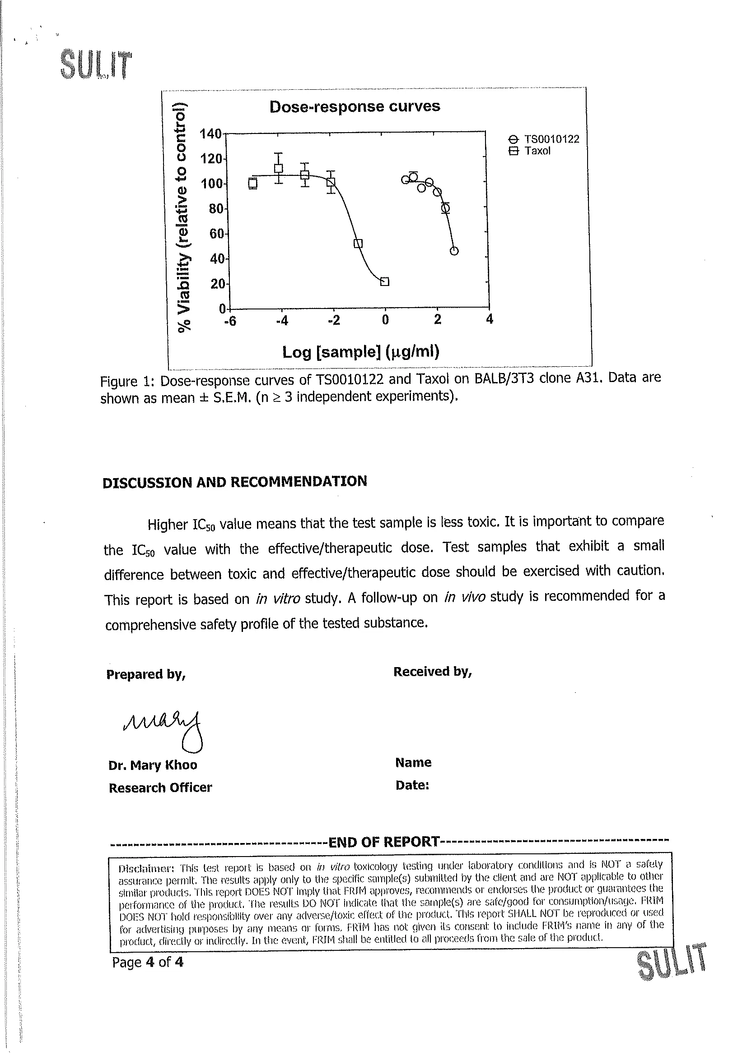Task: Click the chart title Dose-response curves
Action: [x=354, y=106]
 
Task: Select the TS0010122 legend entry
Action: [x=551, y=139]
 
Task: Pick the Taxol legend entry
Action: [x=537, y=151]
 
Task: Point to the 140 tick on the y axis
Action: [x=210, y=134]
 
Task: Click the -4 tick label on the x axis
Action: [x=281, y=320]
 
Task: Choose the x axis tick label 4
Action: [x=490, y=319]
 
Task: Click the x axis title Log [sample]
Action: [x=360, y=352]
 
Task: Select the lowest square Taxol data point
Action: [x=385, y=281]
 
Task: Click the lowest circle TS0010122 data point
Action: [x=454, y=251]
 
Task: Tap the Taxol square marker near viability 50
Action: [x=358, y=244]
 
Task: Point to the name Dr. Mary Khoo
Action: [x=153, y=765]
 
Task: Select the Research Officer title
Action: [x=160, y=788]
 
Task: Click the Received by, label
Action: [x=432, y=672]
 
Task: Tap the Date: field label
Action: [x=412, y=785]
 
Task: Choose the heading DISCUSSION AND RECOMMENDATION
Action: [x=234, y=482]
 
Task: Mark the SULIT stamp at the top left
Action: [x=96, y=65]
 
